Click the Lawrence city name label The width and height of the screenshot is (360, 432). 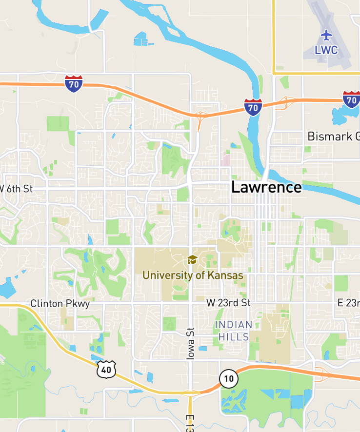[266, 187]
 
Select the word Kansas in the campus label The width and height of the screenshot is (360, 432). [225, 275]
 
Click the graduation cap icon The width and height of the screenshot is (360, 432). [192, 259]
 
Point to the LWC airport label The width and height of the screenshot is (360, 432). [326, 50]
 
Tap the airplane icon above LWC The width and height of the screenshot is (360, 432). [326, 35]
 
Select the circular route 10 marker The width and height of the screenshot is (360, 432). [228, 378]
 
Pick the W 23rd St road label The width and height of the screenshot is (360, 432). [228, 303]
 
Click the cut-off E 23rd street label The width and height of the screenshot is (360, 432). [348, 303]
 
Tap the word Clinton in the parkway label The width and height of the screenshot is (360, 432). [46, 303]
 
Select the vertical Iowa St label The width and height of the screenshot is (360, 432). [190, 344]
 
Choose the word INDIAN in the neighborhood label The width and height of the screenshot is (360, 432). [234, 325]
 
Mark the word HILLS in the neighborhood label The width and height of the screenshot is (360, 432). [234, 337]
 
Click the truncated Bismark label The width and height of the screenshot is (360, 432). [333, 136]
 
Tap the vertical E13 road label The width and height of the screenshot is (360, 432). [190, 422]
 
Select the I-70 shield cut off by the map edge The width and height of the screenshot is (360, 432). [351, 99]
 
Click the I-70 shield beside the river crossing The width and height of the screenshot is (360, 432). [253, 106]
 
